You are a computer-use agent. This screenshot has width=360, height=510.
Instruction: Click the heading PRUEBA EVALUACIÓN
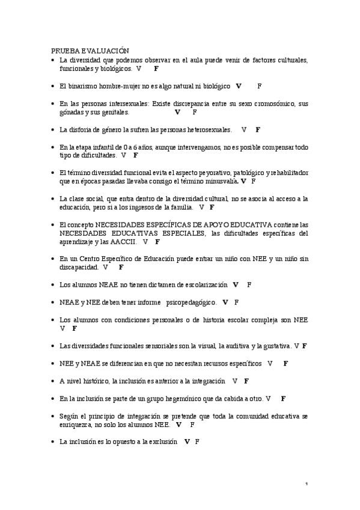pos(90,52)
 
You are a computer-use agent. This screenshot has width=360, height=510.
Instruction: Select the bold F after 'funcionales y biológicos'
pos(156,69)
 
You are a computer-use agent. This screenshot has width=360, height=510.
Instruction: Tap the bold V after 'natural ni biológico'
pos(239,86)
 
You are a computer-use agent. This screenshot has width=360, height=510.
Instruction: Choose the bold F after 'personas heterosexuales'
pos(258,129)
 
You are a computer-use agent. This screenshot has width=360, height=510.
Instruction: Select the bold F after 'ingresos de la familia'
pos(212,207)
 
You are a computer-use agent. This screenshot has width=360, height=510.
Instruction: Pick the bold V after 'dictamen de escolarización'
pos(236,284)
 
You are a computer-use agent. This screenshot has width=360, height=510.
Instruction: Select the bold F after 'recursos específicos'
pos(286,363)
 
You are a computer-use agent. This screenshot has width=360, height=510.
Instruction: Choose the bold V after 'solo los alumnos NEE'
pos(178,424)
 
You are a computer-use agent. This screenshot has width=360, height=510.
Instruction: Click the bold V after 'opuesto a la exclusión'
pos(188,441)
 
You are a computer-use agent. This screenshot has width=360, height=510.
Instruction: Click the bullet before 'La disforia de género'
pos(53,129)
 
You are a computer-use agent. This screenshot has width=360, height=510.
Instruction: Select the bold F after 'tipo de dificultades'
pos(136,155)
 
